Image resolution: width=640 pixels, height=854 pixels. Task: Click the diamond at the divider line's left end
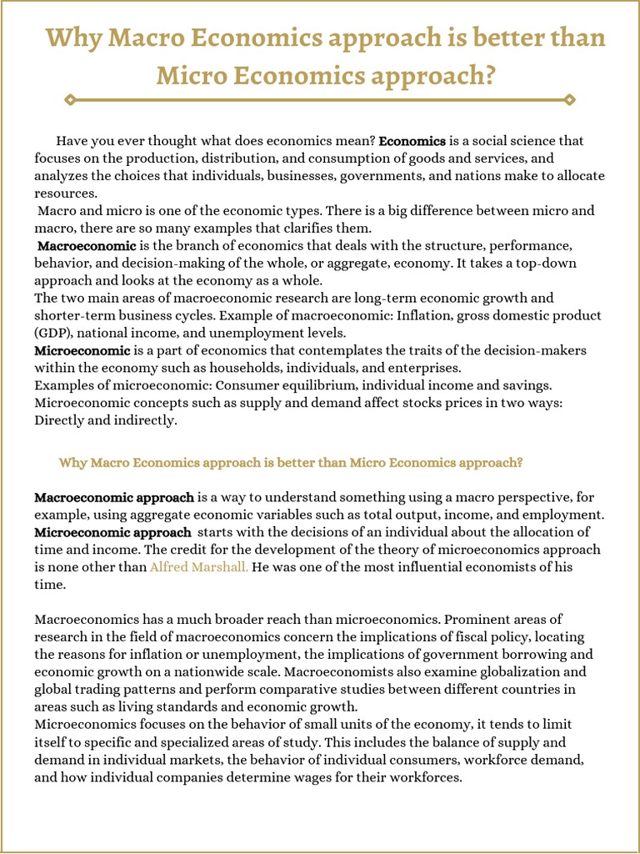tap(70, 99)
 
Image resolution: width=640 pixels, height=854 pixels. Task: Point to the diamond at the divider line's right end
tap(570, 99)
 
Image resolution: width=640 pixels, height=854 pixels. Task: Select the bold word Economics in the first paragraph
tap(412, 141)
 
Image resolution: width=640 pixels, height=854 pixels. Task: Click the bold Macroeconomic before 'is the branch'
tap(87, 246)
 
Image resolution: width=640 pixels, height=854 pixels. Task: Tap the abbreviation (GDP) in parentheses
tap(52, 333)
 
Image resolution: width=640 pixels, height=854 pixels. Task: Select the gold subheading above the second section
tap(291, 462)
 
